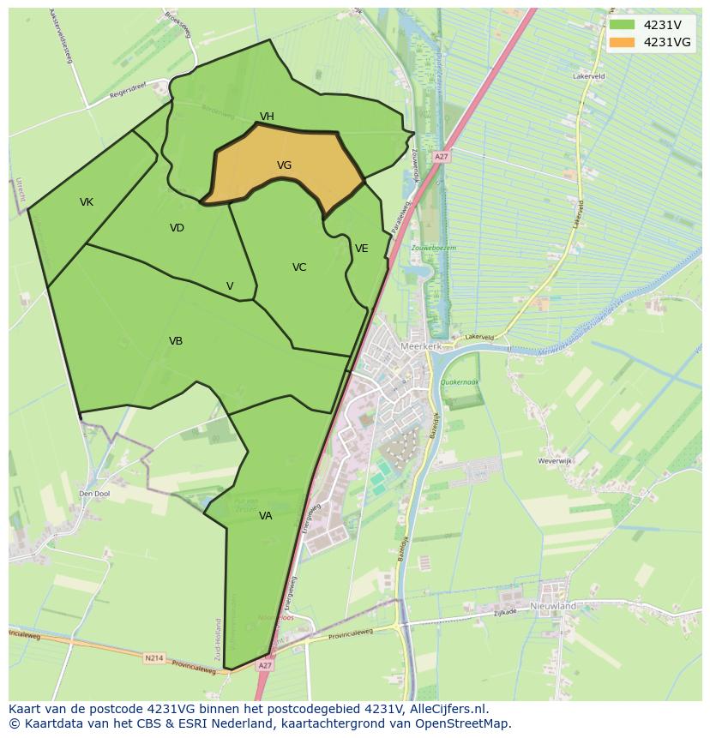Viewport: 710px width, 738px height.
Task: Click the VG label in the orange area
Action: point(284,165)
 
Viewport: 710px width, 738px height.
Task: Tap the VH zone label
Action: point(267,117)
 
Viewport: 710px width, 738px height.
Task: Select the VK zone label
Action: point(87,202)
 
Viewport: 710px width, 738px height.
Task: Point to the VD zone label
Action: point(177,228)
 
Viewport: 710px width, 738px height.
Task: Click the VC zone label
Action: point(299,267)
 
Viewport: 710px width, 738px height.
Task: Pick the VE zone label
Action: point(362,249)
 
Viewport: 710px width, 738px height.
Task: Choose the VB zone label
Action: point(176,341)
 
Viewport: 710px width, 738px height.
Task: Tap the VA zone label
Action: point(266,516)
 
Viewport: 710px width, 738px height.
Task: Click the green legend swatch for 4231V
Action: point(622,25)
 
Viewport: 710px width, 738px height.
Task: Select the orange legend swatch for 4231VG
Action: point(622,42)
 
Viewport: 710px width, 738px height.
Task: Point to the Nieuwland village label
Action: point(553,606)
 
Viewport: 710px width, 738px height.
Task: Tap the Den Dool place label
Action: point(94,494)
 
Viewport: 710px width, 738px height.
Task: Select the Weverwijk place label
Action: point(554,461)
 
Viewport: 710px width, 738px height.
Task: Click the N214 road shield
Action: point(153,658)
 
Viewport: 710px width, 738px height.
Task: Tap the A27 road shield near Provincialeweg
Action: point(265,665)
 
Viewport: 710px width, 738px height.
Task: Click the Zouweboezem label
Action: point(434,248)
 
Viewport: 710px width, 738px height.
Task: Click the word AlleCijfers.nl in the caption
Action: point(448,710)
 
